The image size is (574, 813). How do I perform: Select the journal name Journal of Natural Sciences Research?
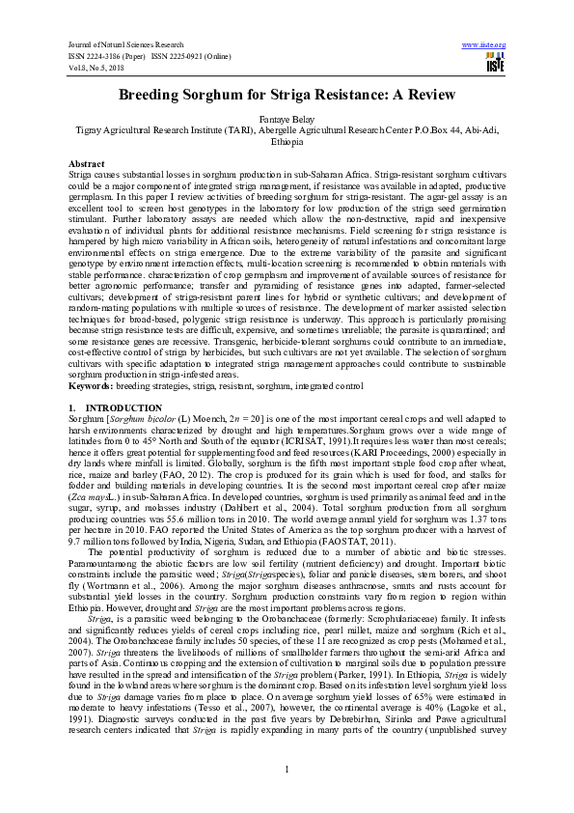tap(129, 44)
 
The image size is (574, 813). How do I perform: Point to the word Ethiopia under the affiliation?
tap(287, 140)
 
